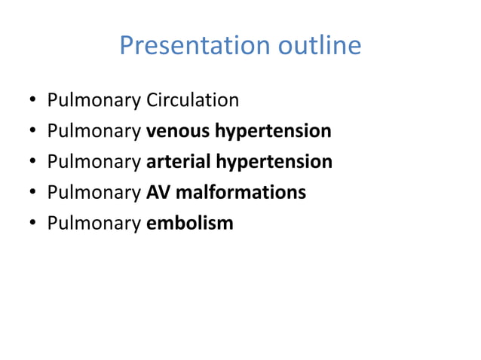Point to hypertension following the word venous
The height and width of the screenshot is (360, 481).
coord(273,132)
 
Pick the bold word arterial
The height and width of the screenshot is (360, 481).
coord(178,162)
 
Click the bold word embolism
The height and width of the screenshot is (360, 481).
coord(189,224)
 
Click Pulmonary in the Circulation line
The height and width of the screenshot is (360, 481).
coord(93,101)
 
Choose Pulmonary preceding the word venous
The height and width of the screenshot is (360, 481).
coord(93,132)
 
